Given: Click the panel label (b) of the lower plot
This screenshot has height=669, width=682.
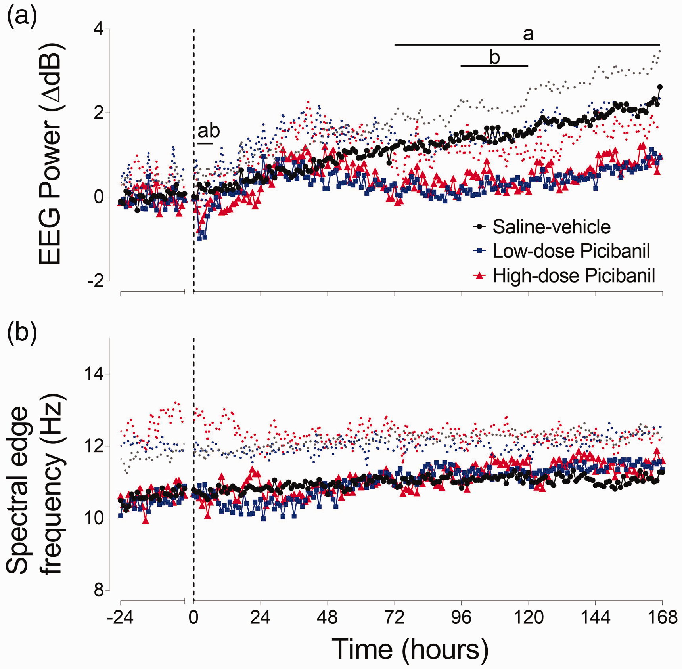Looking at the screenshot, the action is (22, 333).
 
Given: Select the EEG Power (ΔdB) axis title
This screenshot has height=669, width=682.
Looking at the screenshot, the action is (50, 154).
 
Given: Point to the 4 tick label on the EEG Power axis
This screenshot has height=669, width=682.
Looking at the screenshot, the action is (99, 29).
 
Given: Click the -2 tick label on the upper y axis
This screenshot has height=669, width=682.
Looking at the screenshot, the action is (96, 281).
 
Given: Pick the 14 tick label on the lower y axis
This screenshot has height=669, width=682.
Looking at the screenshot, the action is (94, 374).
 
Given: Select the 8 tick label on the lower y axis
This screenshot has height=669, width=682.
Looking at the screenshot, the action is (99, 590).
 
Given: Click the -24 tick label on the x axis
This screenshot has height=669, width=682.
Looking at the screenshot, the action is (121, 617).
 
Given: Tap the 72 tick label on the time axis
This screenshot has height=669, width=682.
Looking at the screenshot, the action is (395, 617).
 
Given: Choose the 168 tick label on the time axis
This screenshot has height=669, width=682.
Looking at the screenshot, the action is (663, 617).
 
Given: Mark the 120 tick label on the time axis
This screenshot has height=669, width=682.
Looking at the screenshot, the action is (529, 617).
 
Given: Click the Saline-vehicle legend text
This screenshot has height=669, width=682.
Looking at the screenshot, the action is (552, 227).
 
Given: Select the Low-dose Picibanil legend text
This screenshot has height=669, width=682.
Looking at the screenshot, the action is (571, 251).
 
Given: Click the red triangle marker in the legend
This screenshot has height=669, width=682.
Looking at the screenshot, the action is (480, 275).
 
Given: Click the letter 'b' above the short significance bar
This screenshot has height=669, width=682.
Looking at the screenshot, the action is (494, 57).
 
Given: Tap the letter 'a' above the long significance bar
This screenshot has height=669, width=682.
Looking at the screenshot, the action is (528, 34).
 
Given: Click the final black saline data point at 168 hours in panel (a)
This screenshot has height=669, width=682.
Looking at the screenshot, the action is (660, 87).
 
